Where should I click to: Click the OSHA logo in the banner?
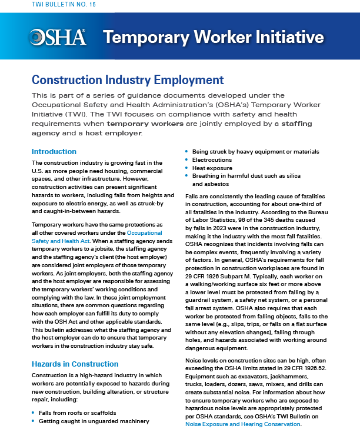pos(58,38)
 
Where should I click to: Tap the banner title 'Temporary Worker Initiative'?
pos(213,38)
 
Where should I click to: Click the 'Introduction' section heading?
pos(54,152)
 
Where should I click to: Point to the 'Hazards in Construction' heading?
pos(75,364)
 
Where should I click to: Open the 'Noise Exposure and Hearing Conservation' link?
pos(243,423)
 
